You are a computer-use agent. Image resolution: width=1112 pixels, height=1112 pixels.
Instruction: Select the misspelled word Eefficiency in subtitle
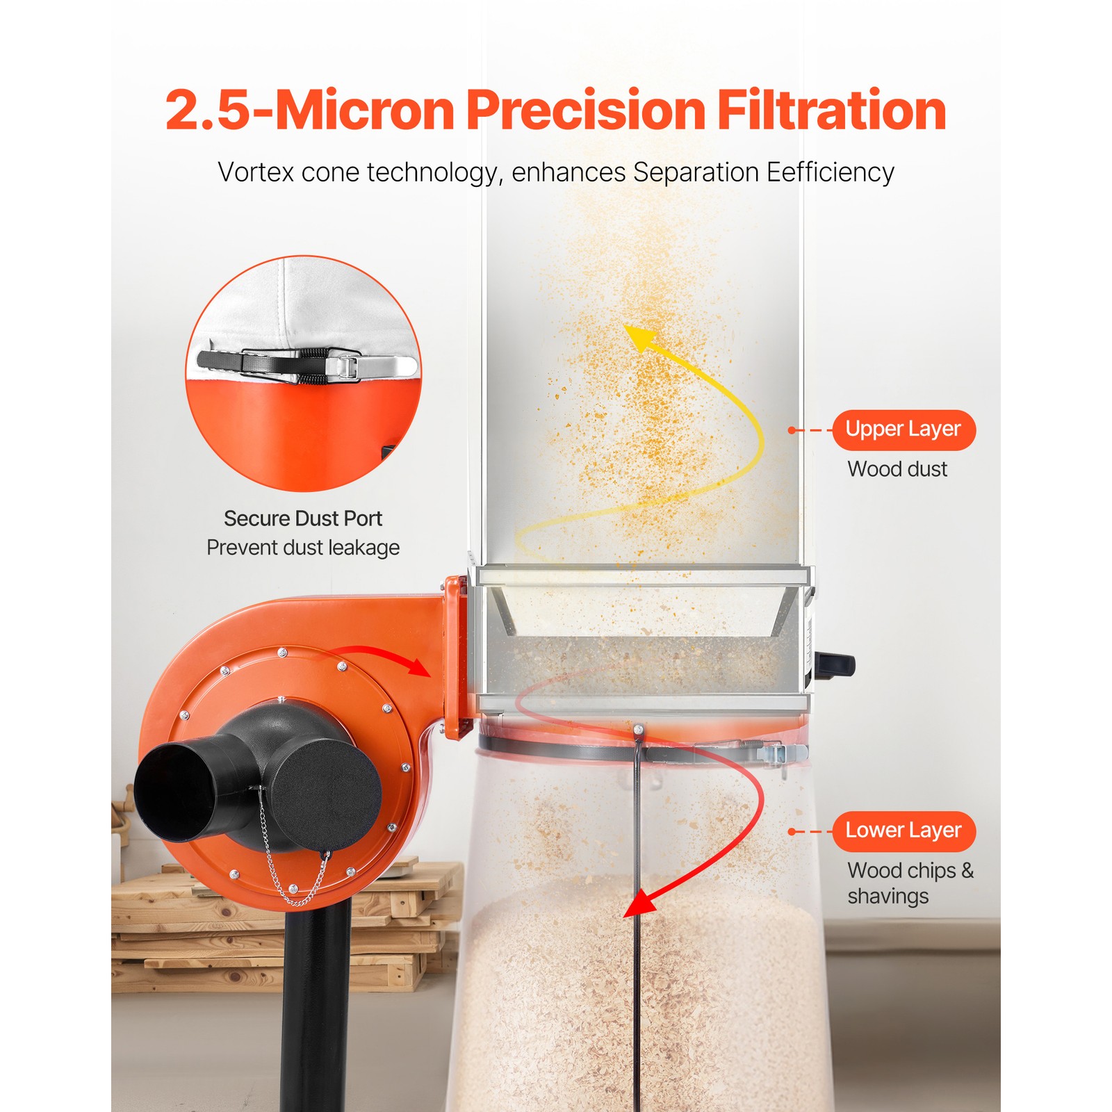tap(830, 172)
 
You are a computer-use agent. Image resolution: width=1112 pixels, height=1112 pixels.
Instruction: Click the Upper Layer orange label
tap(903, 430)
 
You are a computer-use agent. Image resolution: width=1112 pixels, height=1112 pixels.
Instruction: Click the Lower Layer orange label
tap(903, 831)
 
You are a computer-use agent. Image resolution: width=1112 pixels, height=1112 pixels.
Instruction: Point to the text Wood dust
tap(897, 469)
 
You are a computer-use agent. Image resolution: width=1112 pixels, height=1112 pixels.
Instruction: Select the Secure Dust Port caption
tap(303, 518)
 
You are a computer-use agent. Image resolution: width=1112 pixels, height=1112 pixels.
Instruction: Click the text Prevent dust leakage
tap(303, 548)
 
